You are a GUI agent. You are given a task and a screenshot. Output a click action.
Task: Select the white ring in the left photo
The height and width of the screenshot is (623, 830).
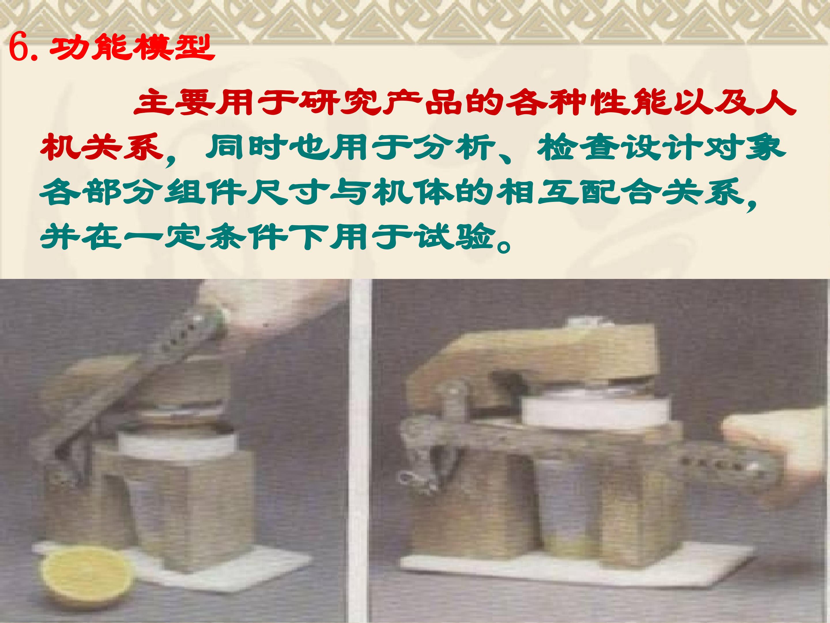click(176, 445)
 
